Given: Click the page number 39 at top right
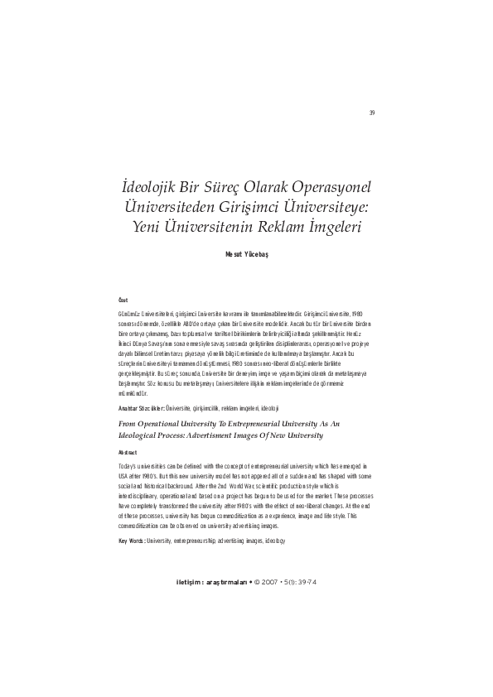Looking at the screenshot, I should coord(373,113).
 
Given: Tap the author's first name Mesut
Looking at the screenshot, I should coord(234,256).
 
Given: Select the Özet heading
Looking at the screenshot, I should coord(125,298).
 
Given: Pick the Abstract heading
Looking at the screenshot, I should coord(129,453).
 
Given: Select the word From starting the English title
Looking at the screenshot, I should coord(130,422).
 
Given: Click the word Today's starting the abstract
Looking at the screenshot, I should coord(131,467).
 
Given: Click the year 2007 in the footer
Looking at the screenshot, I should coord(268,581).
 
